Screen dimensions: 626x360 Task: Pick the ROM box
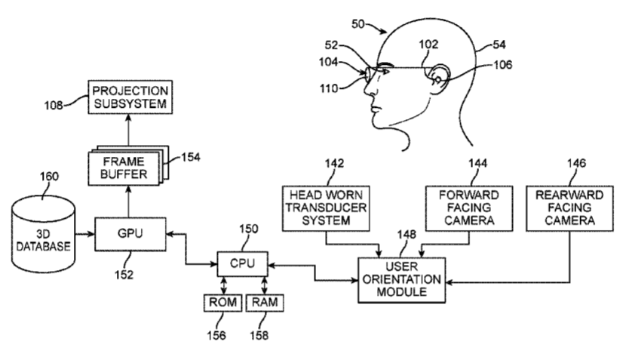tap(222, 303)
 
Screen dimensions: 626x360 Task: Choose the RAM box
tap(265, 303)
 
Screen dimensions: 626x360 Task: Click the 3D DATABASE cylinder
tap(43, 234)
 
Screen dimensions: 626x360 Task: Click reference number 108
tap(54, 106)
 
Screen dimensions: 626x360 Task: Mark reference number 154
tap(191, 157)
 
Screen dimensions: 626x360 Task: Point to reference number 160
tap(49, 176)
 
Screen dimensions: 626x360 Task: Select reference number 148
tap(407, 235)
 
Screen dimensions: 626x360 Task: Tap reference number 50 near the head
tap(358, 24)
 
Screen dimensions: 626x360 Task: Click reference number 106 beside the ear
tap(503, 64)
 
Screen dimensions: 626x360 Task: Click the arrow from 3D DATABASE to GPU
tap(84, 234)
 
